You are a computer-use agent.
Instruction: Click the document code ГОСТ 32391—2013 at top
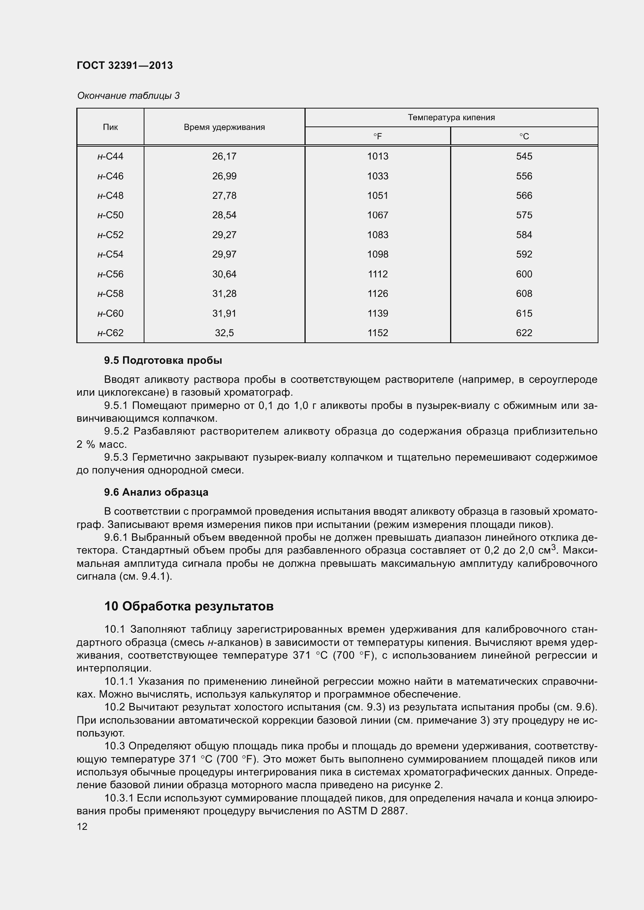click(x=125, y=65)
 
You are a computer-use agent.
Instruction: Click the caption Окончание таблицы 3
click(x=128, y=96)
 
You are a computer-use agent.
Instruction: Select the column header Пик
click(x=110, y=127)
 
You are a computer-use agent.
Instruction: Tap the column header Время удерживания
click(x=224, y=127)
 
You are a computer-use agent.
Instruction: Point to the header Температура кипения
click(x=451, y=117)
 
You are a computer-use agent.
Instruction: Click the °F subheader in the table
click(x=378, y=136)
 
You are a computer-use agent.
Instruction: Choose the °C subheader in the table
click(x=524, y=136)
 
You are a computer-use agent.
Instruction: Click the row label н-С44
click(x=110, y=156)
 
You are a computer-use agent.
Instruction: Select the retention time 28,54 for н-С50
click(x=224, y=215)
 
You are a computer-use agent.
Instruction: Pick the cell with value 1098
click(x=378, y=254)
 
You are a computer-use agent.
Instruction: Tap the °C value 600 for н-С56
click(x=524, y=274)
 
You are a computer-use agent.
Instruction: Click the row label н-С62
click(x=110, y=333)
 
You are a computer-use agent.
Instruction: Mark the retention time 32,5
click(x=224, y=333)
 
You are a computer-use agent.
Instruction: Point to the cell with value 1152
click(x=378, y=333)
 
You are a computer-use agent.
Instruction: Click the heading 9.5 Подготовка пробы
click(x=163, y=360)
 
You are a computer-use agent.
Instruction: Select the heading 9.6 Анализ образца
click(x=156, y=492)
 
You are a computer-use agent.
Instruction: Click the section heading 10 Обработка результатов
click(x=189, y=607)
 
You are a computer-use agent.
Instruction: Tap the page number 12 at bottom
click(x=82, y=827)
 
